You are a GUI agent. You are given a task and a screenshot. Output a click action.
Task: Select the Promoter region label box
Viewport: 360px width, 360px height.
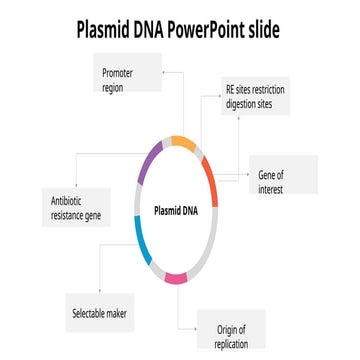[x=130, y=79]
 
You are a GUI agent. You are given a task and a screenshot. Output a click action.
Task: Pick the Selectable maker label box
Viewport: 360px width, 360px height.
[x=104, y=313]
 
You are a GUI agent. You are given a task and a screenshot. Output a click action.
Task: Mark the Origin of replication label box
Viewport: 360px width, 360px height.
[x=230, y=336]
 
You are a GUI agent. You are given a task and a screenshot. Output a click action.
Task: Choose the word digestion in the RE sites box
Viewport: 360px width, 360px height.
[x=246, y=103]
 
